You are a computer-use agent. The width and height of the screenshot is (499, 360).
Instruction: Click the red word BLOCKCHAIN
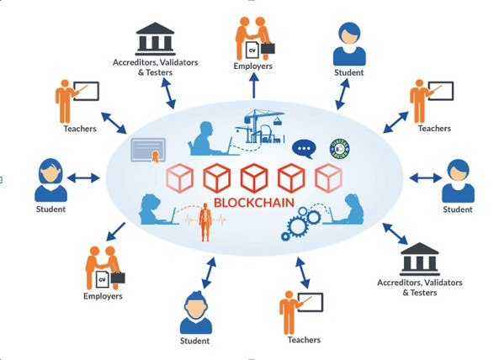[x=254, y=203]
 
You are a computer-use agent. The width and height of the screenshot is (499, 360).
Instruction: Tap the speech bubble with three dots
[x=304, y=149]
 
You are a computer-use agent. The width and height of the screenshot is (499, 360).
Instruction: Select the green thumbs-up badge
[x=340, y=149]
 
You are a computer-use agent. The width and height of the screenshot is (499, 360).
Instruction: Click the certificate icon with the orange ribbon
[x=149, y=150]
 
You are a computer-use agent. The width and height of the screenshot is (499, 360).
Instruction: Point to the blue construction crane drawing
[x=260, y=126]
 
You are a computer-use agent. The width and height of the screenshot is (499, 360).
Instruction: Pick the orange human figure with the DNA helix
[x=205, y=222]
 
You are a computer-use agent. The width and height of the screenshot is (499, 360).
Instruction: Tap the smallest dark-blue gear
[x=285, y=236]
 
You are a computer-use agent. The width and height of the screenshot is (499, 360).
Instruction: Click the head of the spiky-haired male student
[x=196, y=304]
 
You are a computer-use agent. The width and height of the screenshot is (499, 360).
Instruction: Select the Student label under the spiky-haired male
[x=194, y=341]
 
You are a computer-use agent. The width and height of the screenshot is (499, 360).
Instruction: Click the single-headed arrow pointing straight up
[x=254, y=85]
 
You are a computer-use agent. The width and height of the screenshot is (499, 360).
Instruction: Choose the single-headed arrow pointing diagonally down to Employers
[x=115, y=231]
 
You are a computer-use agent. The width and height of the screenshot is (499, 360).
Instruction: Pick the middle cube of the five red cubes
[x=254, y=178]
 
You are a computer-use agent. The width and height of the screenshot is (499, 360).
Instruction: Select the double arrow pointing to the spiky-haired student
[x=209, y=273]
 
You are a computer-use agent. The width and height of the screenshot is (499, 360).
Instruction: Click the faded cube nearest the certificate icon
[x=179, y=178]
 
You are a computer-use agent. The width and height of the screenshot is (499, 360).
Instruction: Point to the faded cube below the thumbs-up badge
[x=328, y=178]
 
